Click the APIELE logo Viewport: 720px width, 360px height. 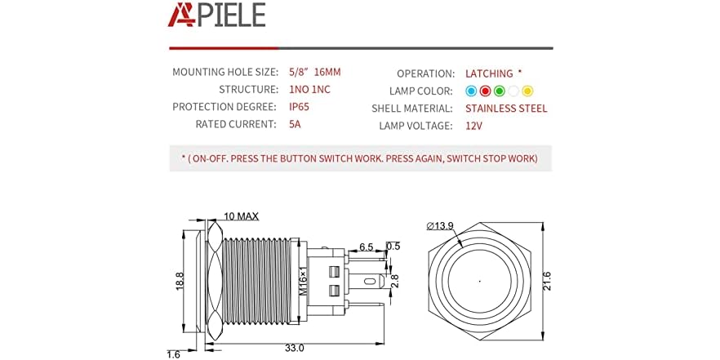pyautogui.click(x=216, y=14)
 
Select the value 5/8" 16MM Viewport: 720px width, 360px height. pyautogui.click(x=314, y=72)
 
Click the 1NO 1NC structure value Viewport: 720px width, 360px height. pyautogui.click(x=309, y=89)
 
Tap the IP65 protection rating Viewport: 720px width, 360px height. pyautogui.click(x=299, y=107)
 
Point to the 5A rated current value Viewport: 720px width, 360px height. pyautogui.click(x=295, y=124)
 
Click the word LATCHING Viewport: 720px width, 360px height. pyautogui.click(x=489, y=73)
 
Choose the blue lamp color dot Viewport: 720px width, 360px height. pyautogui.click(x=471, y=91)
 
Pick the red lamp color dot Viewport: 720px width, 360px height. pyautogui.click(x=485, y=91)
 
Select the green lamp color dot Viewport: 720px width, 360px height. pyautogui.click(x=499, y=91)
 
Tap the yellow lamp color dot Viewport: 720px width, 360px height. pyautogui.click(x=527, y=91)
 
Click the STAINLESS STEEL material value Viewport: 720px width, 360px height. pyautogui.click(x=506, y=109)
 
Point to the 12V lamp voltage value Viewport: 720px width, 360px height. pyautogui.click(x=473, y=126)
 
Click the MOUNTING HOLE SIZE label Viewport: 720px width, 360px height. pyautogui.click(x=225, y=72)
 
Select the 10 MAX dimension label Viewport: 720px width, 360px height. pyautogui.click(x=241, y=216)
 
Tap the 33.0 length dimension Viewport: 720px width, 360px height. pyautogui.click(x=294, y=348)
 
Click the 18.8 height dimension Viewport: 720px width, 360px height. pyautogui.click(x=180, y=282)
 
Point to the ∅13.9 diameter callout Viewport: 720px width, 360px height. pyautogui.click(x=441, y=225)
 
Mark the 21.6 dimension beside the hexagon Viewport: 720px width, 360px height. pyautogui.click(x=546, y=281)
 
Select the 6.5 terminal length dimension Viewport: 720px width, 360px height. pyautogui.click(x=366, y=247)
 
